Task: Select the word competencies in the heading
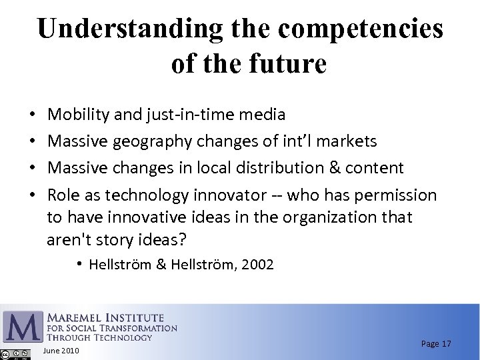point(361,29)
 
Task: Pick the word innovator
point(227,195)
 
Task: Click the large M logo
point(23,327)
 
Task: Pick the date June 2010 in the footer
point(61,351)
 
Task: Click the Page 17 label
point(436,343)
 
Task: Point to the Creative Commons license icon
point(15,354)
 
